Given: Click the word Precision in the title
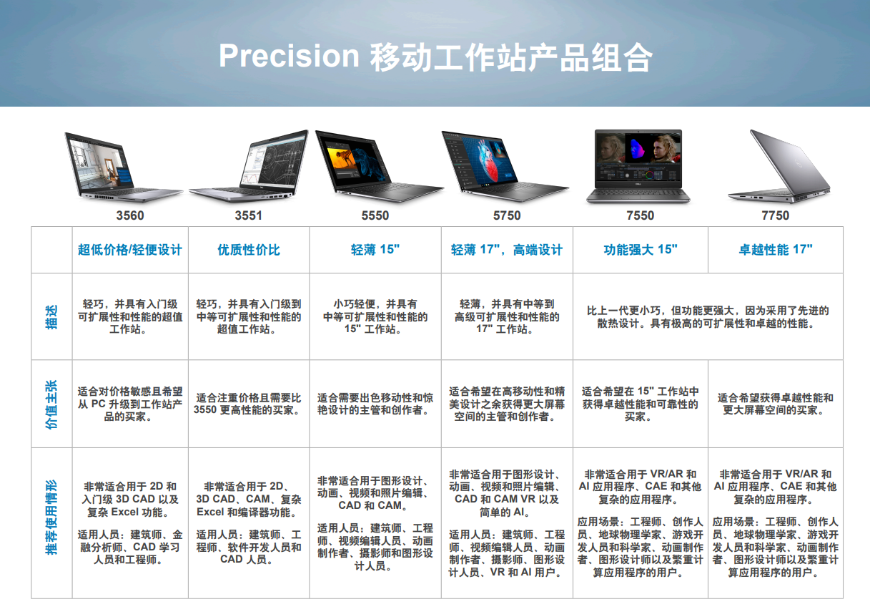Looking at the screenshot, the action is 289,56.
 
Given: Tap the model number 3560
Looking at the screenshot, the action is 129,215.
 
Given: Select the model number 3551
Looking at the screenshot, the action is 248,215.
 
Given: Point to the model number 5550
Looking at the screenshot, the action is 375,215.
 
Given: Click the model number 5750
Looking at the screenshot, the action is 506,215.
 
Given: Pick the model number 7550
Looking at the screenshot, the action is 640,215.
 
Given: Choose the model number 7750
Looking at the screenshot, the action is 775,215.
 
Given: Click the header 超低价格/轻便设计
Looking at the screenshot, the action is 129,250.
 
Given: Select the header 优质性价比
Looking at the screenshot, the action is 249,250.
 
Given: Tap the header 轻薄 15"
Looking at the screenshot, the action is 375,250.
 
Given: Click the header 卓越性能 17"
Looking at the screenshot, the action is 775,250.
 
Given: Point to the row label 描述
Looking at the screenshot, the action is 51,317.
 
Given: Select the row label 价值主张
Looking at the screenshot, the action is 51,404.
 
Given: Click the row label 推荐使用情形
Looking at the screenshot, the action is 51,517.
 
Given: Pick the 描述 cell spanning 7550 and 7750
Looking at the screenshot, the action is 708,316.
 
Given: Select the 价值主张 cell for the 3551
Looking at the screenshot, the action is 249,404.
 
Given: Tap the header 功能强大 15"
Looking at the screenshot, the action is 640,250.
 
